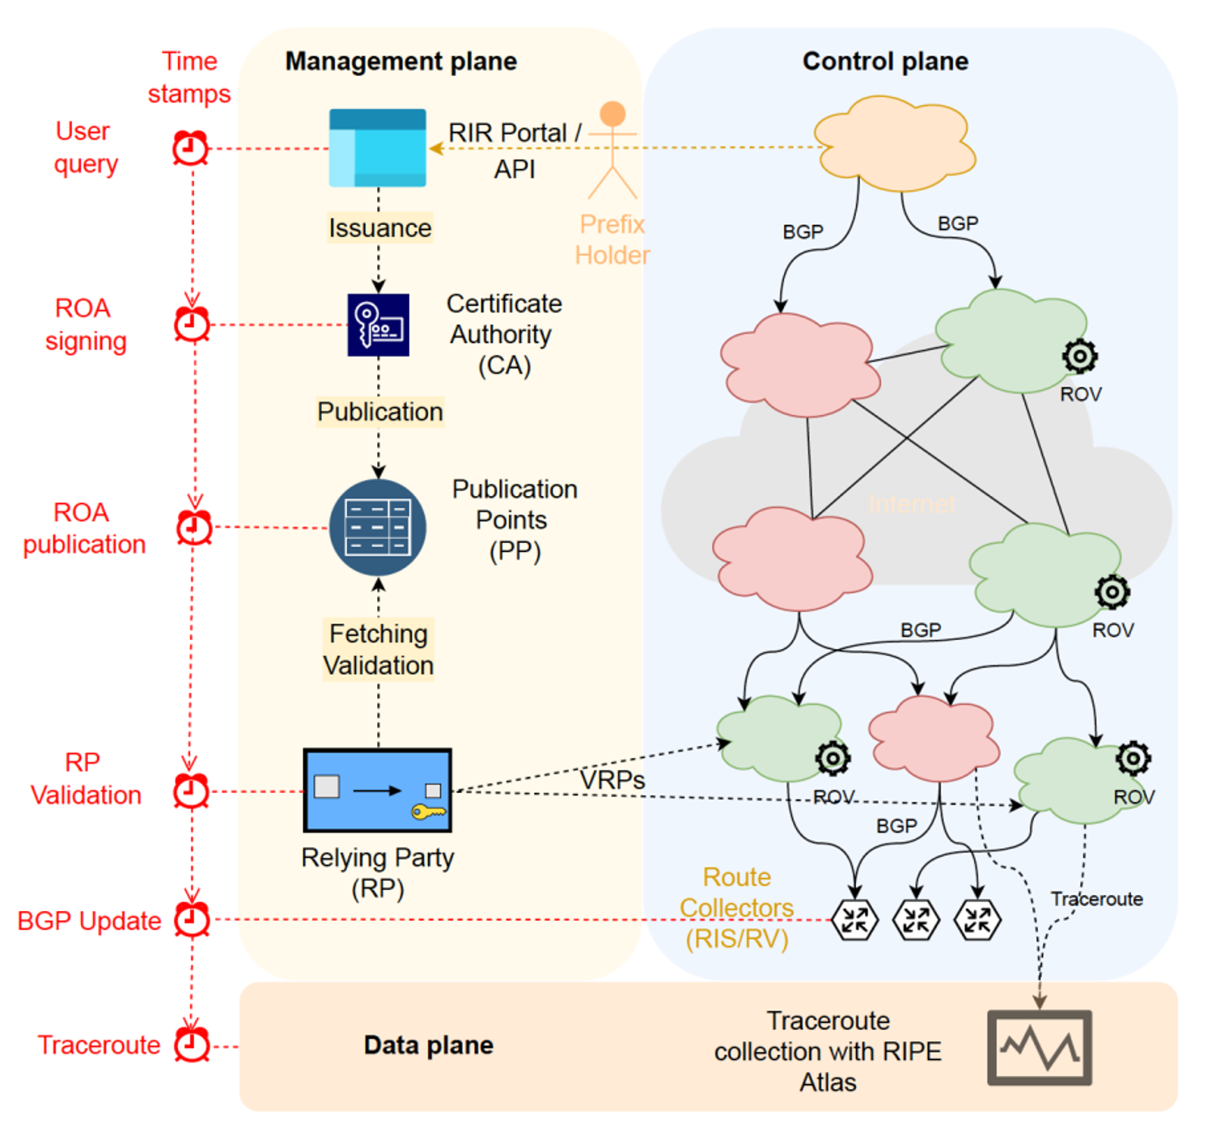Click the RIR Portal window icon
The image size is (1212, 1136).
(377, 148)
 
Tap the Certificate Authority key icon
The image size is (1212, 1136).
(378, 324)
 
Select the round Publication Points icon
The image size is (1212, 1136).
(378, 528)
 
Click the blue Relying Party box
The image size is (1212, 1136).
(377, 791)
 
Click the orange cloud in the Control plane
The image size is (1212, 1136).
(894, 144)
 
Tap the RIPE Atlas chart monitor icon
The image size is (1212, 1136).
(1040, 1047)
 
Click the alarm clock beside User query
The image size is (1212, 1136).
(191, 149)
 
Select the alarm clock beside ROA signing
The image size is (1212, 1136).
(193, 324)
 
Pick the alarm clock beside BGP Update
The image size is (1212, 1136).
(193, 920)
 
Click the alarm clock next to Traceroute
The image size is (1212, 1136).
(193, 1045)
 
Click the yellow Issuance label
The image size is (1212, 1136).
(379, 228)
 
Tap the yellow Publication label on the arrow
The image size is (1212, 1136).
(379, 412)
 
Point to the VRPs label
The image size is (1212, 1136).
(612, 780)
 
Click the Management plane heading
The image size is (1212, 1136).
(401, 61)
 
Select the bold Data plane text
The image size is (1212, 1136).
(429, 1045)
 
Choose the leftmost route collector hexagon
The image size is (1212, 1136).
(854, 920)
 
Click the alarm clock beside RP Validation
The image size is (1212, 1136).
(192, 791)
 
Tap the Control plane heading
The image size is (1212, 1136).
(885, 61)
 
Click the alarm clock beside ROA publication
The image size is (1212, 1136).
(194, 528)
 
